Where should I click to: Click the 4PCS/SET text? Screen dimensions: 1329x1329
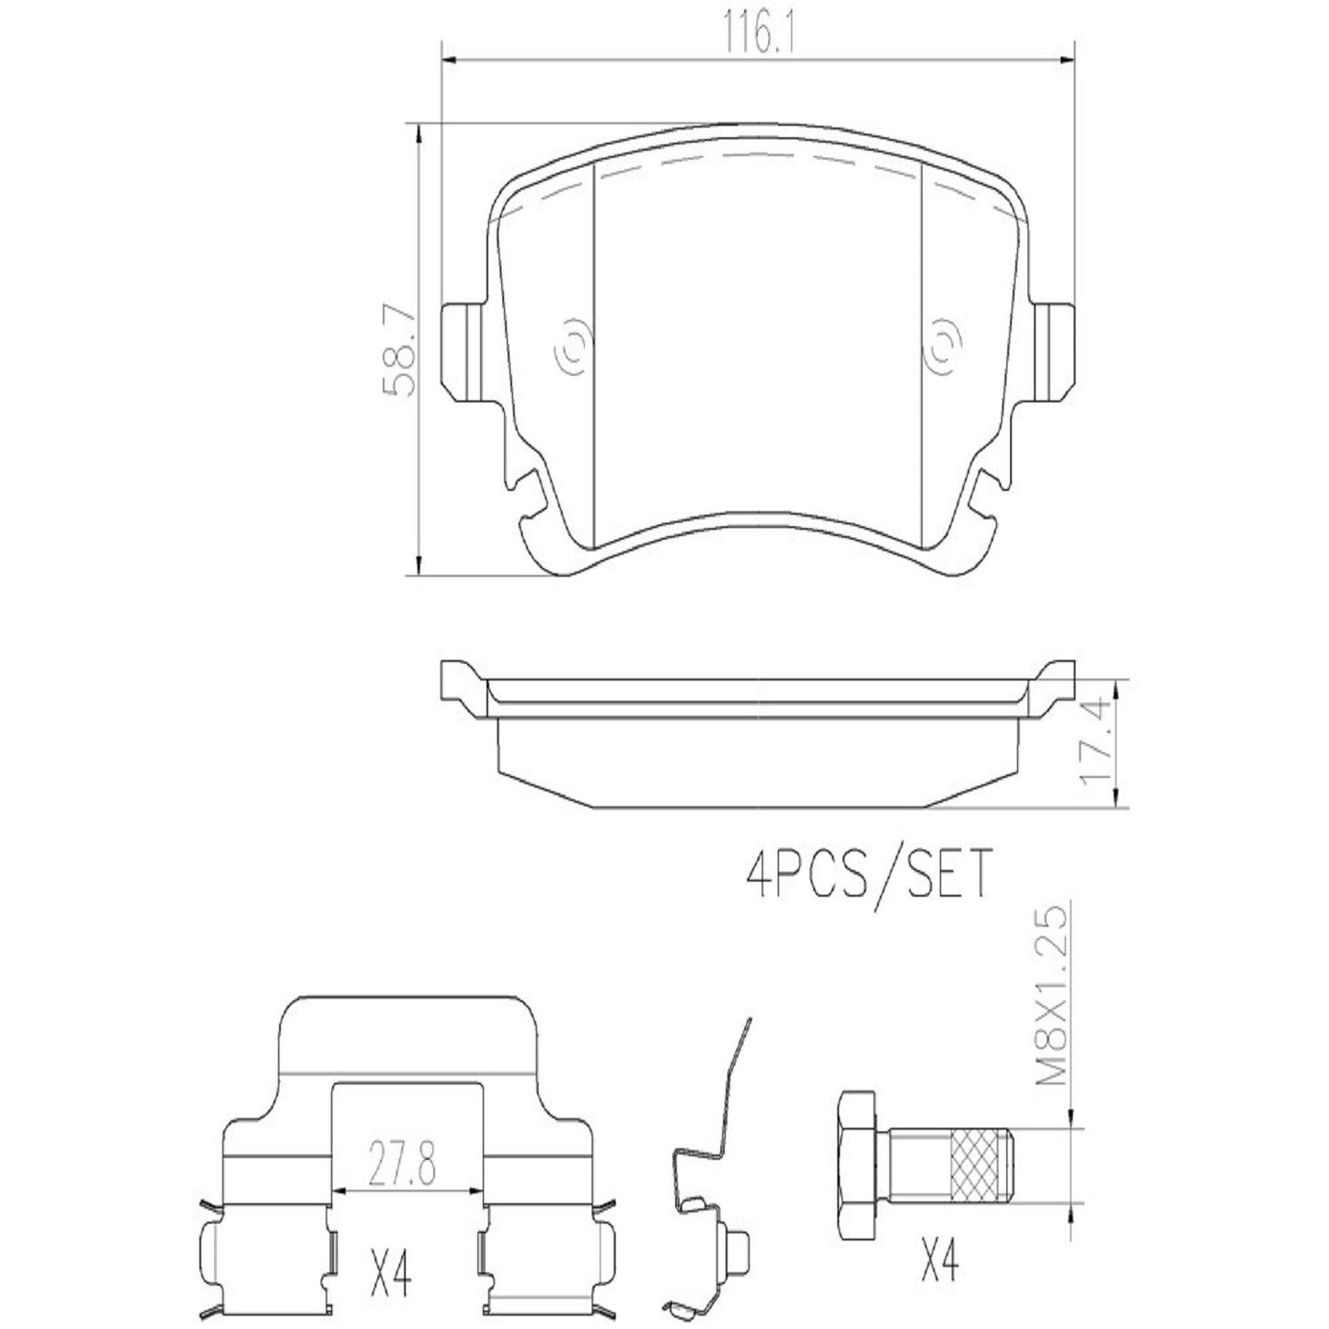(867, 874)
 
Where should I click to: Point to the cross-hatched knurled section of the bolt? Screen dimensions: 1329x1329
(976, 1165)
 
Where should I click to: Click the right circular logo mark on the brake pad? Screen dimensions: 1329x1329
(943, 350)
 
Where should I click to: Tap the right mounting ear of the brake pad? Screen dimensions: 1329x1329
(1053, 350)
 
